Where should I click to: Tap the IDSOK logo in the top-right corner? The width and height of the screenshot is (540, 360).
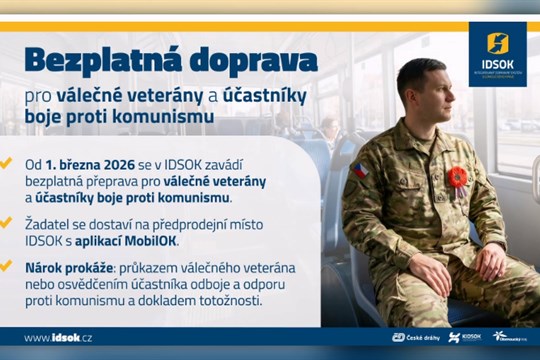click(x=497, y=53)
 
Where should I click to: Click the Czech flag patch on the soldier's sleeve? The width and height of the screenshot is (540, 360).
click(x=359, y=170)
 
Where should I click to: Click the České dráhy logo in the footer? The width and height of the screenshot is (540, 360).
click(x=411, y=338)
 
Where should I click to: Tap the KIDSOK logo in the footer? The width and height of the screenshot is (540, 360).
click(x=464, y=338)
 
